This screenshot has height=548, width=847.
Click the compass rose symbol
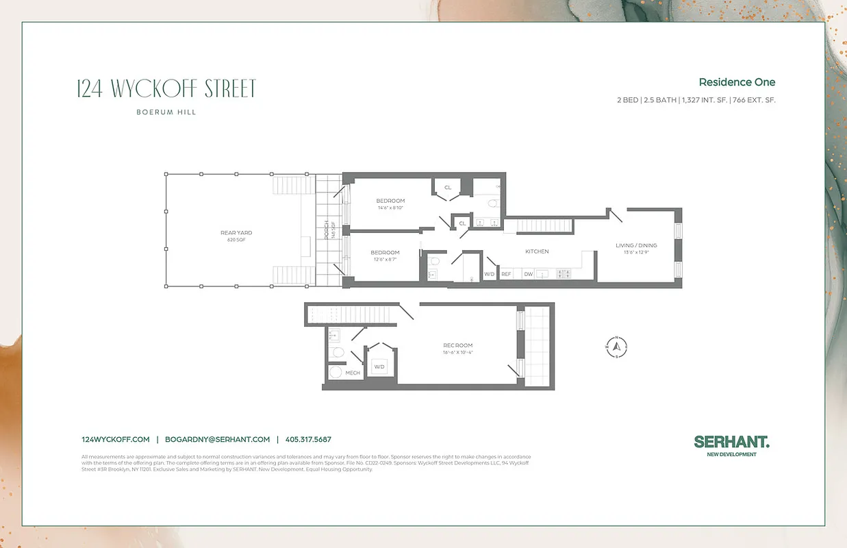click(616, 347)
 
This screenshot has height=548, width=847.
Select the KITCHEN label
click(537, 251)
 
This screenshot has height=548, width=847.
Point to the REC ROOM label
click(457, 345)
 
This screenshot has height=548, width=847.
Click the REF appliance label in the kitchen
click(506, 274)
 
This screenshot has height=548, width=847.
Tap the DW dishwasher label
click(528, 274)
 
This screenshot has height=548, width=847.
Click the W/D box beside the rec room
click(379, 366)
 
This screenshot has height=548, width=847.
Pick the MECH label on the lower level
click(353, 373)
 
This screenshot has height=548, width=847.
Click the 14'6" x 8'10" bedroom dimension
click(390, 208)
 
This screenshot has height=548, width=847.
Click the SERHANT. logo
click(731, 443)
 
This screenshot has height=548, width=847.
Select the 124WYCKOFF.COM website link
click(115, 440)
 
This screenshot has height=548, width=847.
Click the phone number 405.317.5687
click(308, 440)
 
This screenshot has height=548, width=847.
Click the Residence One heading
click(737, 82)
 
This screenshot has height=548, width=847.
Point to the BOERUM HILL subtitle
click(167, 112)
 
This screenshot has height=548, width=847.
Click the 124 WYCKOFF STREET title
click(167, 89)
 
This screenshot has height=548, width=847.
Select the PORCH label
click(327, 229)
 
